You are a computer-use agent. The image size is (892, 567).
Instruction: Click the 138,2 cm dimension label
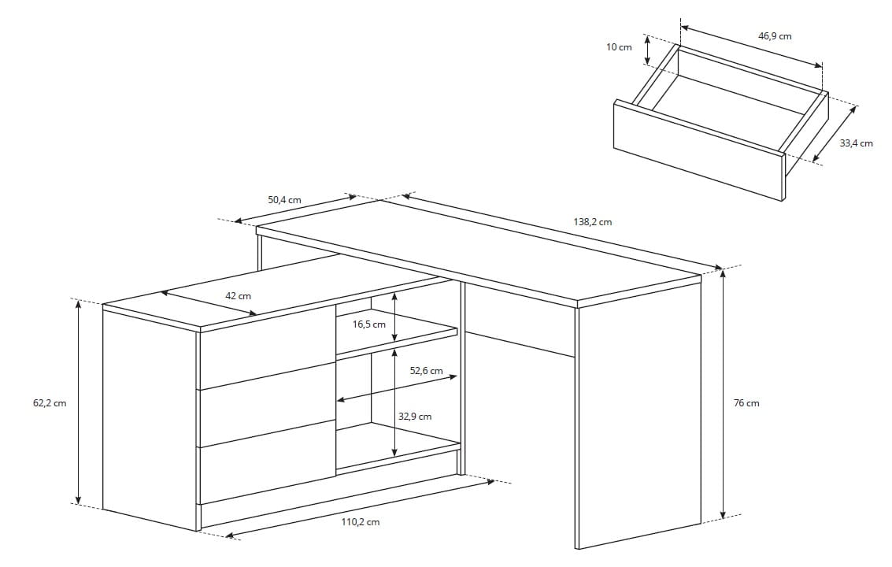pos(592,222)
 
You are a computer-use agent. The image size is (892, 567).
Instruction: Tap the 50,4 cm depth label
pos(284,200)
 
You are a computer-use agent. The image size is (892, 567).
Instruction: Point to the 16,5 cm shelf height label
pos(368,324)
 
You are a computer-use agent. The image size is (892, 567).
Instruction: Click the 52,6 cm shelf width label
pos(426,371)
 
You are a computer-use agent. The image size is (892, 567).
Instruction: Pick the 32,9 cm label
pos(414,417)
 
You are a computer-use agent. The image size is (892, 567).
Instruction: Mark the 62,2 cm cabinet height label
pos(50,403)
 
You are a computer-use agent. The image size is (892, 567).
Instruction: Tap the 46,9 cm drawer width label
pos(775,36)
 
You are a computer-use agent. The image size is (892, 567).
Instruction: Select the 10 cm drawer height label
pos(619,47)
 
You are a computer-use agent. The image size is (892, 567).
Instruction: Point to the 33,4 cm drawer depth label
pos(856,143)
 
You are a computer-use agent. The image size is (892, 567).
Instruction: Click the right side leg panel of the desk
pos(638,417)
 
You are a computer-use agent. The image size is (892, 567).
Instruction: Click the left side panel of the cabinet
pos(150,417)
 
